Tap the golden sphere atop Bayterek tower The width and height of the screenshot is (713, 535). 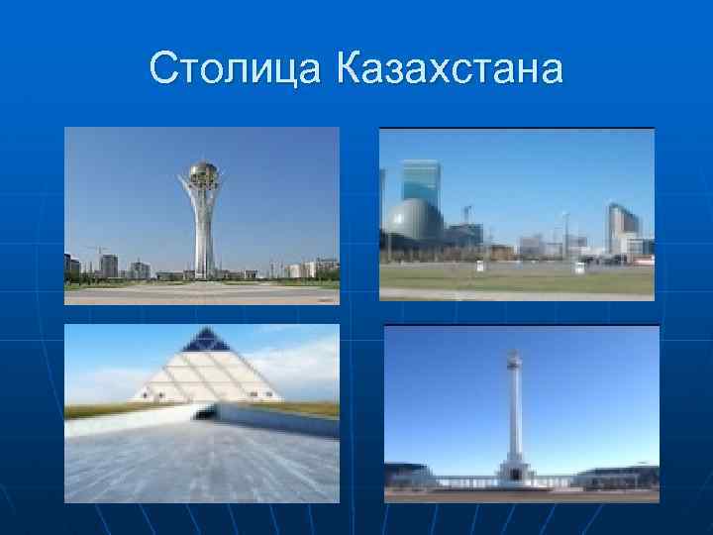203,173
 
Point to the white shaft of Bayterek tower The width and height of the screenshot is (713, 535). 203,228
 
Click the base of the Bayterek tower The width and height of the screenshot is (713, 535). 203,272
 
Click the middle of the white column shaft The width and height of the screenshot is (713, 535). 514,416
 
